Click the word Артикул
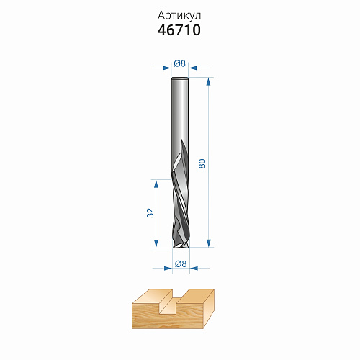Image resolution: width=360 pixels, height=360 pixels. [x=179, y=16]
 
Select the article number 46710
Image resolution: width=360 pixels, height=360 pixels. [x=179, y=30]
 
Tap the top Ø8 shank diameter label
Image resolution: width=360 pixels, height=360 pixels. [x=180, y=63]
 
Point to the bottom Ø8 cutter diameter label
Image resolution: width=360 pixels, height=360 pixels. [x=181, y=264]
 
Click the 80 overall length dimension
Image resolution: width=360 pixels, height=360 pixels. [x=202, y=163]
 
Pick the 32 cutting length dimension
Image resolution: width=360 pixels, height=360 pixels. [x=150, y=213]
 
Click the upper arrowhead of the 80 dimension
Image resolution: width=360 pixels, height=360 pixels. [x=209, y=81]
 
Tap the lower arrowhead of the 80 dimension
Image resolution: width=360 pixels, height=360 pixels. [x=209, y=243]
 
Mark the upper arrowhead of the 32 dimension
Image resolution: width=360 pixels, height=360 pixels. [x=156, y=184]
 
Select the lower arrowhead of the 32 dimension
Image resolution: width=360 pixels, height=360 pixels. [x=156, y=243]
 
